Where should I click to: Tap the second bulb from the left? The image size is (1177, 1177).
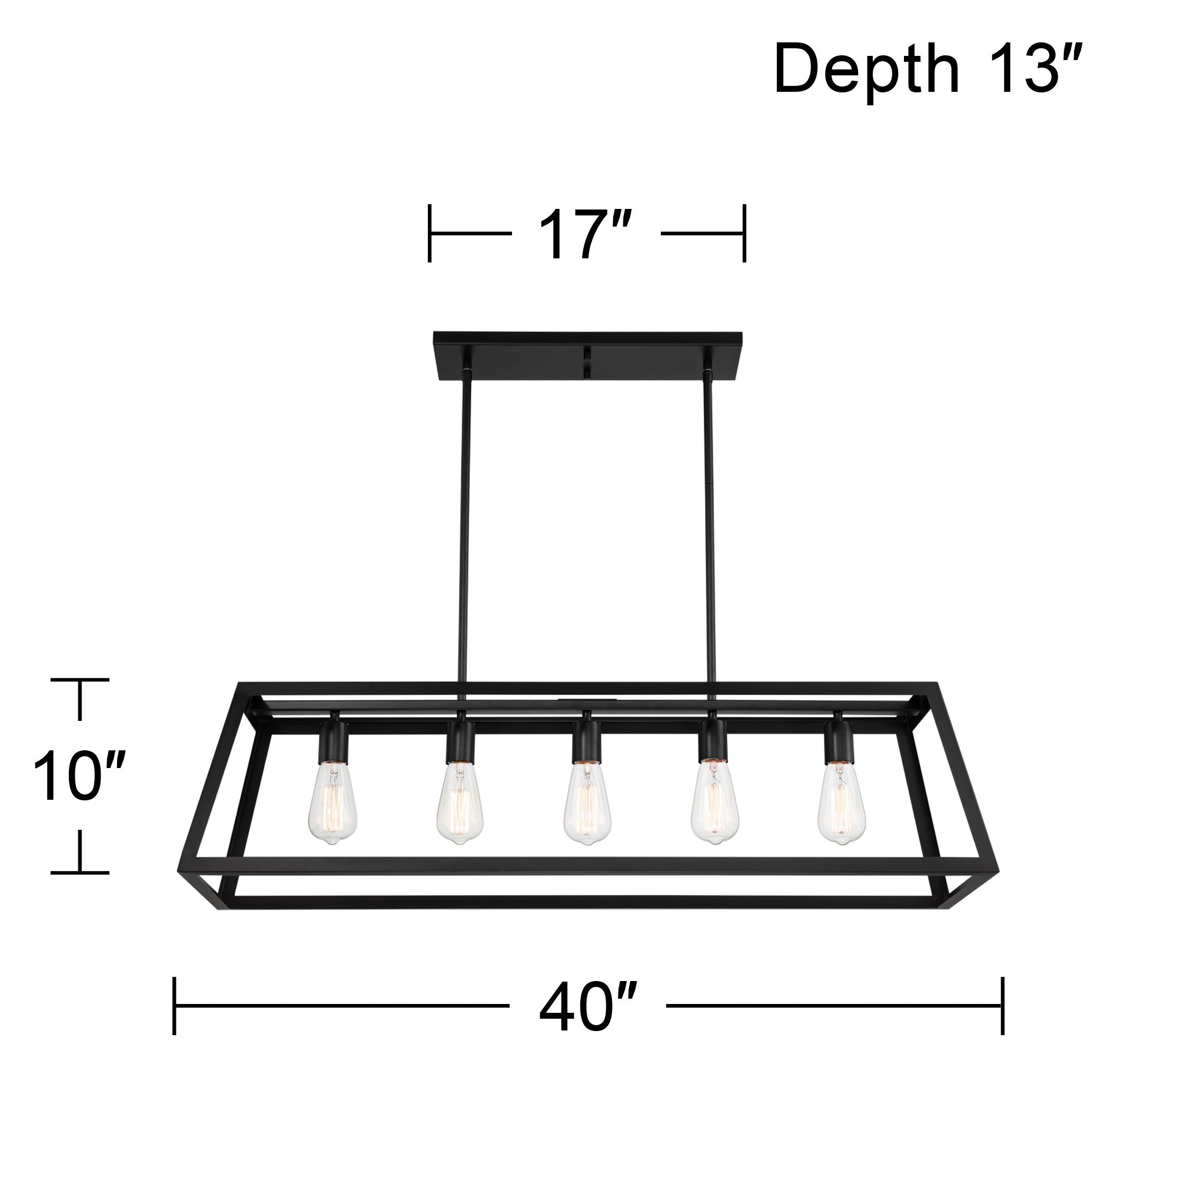coord(460,803)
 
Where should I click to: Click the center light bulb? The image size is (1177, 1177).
coord(587,803)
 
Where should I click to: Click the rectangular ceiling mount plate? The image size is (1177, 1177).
coord(587,356)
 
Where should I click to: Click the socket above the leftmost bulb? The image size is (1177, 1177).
coord(333,741)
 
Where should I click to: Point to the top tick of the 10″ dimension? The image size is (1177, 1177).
coord(80,679)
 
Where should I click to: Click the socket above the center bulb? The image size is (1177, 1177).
coord(586,741)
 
